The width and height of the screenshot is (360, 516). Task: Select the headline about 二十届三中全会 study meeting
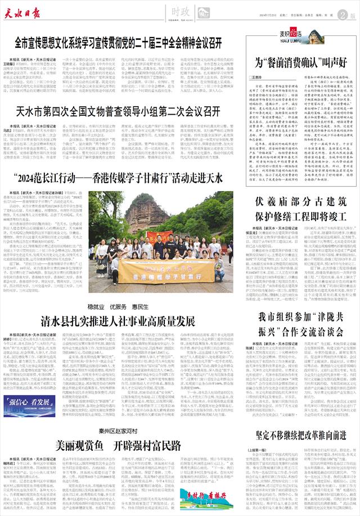click(118, 43)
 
